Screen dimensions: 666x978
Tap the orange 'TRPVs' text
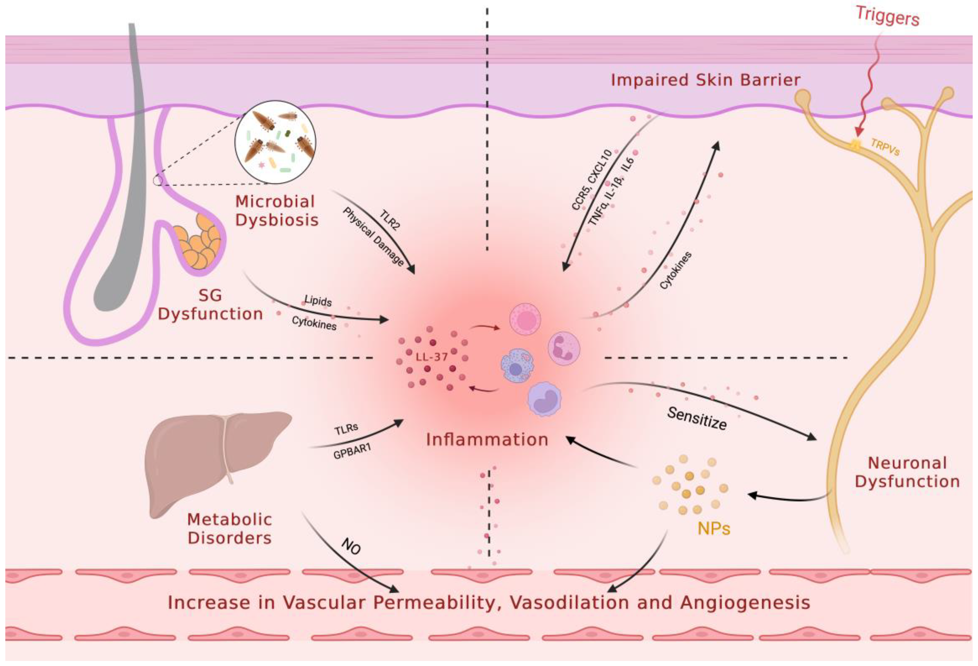885,147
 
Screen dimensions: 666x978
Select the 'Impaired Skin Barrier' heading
705,80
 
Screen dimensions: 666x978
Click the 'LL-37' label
431,357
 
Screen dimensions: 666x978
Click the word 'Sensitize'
697,418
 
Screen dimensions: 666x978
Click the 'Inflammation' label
487,440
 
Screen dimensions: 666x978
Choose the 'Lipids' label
318,301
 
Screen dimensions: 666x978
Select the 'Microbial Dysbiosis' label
276,211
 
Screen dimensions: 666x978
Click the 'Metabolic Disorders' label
229,529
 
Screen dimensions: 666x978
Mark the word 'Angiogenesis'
745,603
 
